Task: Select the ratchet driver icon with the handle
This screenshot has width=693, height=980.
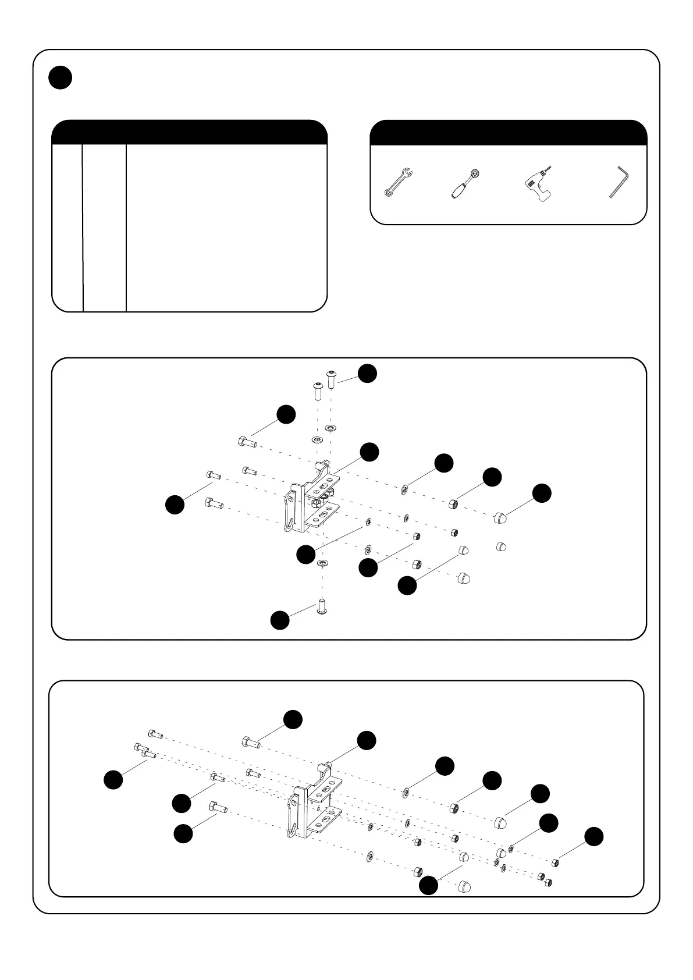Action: point(464,183)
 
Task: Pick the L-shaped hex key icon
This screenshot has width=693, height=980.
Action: point(620,182)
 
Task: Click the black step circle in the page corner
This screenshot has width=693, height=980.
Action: point(60,78)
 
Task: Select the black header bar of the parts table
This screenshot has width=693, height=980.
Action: point(189,132)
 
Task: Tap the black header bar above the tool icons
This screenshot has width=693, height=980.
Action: point(508,132)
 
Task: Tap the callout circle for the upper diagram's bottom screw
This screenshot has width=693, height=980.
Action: point(280,620)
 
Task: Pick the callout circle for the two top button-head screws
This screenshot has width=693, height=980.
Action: point(367,373)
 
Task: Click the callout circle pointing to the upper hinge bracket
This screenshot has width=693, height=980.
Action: point(369,452)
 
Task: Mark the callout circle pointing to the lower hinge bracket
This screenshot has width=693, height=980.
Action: point(366,740)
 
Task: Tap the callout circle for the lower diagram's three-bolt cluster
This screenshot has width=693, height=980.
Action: point(113,779)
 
